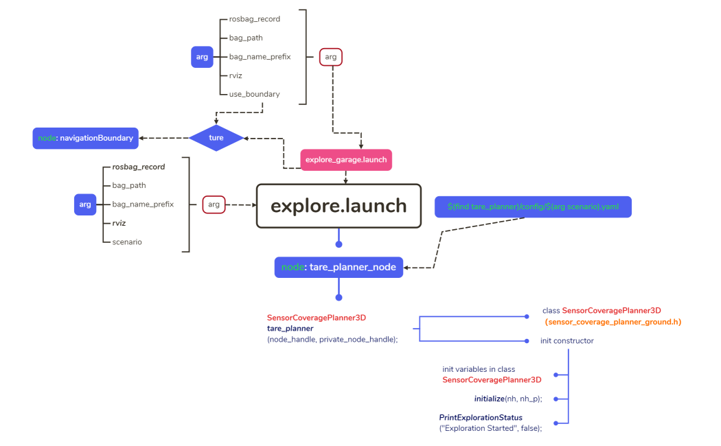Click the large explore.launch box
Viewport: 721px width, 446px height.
coord(338,206)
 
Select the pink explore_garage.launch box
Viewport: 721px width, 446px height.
coord(346,159)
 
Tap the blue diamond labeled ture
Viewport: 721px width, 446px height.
coord(216,138)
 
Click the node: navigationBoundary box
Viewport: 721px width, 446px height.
coord(85,138)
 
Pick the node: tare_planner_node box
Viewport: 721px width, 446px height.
coord(339,267)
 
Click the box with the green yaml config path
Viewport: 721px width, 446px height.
coord(533,207)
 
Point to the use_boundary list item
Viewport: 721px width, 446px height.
coord(254,94)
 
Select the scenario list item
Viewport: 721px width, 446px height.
coord(127,242)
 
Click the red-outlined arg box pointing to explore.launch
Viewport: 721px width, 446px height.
coord(214,204)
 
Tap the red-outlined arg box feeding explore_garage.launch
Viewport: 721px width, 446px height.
coord(331,57)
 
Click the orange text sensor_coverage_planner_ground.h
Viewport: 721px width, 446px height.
coord(613,322)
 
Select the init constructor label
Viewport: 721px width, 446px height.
coord(566,341)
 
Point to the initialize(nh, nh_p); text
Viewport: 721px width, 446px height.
coord(507,399)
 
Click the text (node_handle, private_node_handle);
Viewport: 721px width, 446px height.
coord(332,339)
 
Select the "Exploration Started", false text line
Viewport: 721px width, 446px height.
coord(490,428)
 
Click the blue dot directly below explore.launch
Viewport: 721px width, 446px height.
coord(338,244)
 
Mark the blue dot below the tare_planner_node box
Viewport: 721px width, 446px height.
coord(338,297)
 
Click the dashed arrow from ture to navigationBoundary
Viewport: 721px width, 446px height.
coord(165,138)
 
